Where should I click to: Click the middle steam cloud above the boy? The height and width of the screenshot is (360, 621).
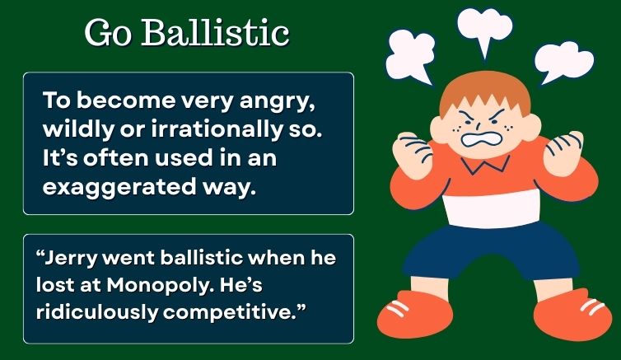tap(485, 27)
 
